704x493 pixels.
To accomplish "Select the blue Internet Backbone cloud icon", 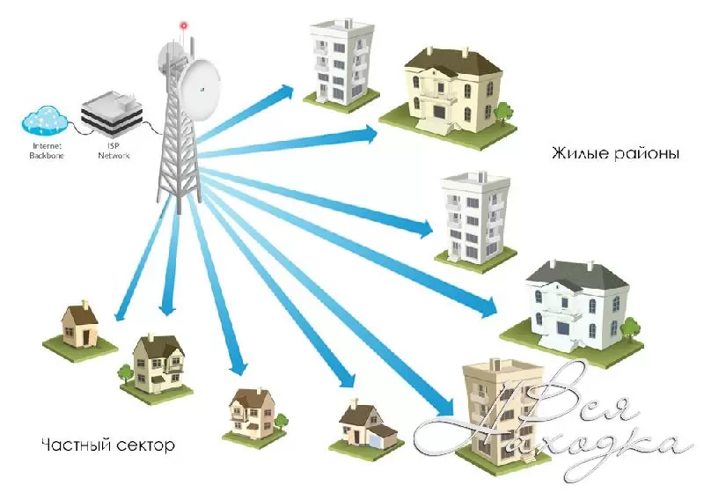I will [43, 118].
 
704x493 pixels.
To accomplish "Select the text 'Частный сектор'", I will [107, 444].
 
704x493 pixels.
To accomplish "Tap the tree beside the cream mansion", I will [503, 112].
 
